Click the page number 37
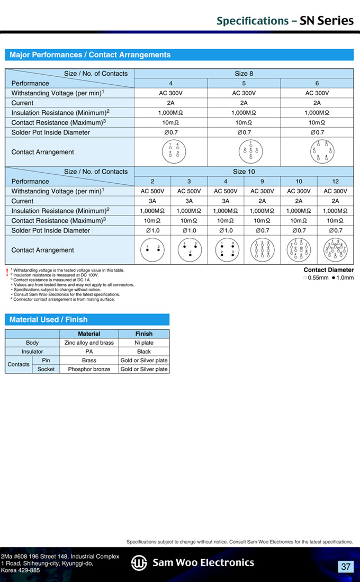(x=346, y=567)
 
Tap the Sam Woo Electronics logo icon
(x=139, y=563)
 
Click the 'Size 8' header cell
(x=244, y=74)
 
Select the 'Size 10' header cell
(x=244, y=172)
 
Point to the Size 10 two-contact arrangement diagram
(x=152, y=250)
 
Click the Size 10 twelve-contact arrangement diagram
(x=336, y=250)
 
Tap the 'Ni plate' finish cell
(x=143, y=343)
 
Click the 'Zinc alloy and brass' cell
(x=89, y=343)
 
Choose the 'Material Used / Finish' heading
(x=49, y=319)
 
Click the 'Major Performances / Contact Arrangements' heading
(x=90, y=55)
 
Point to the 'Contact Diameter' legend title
(x=328, y=270)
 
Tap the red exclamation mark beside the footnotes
(x=7, y=272)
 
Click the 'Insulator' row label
(x=32, y=352)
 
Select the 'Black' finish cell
(x=143, y=352)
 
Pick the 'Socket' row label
(x=46, y=369)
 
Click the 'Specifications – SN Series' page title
(x=285, y=21)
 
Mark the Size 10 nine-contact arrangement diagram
(x=262, y=250)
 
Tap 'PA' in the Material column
(x=89, y=352)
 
